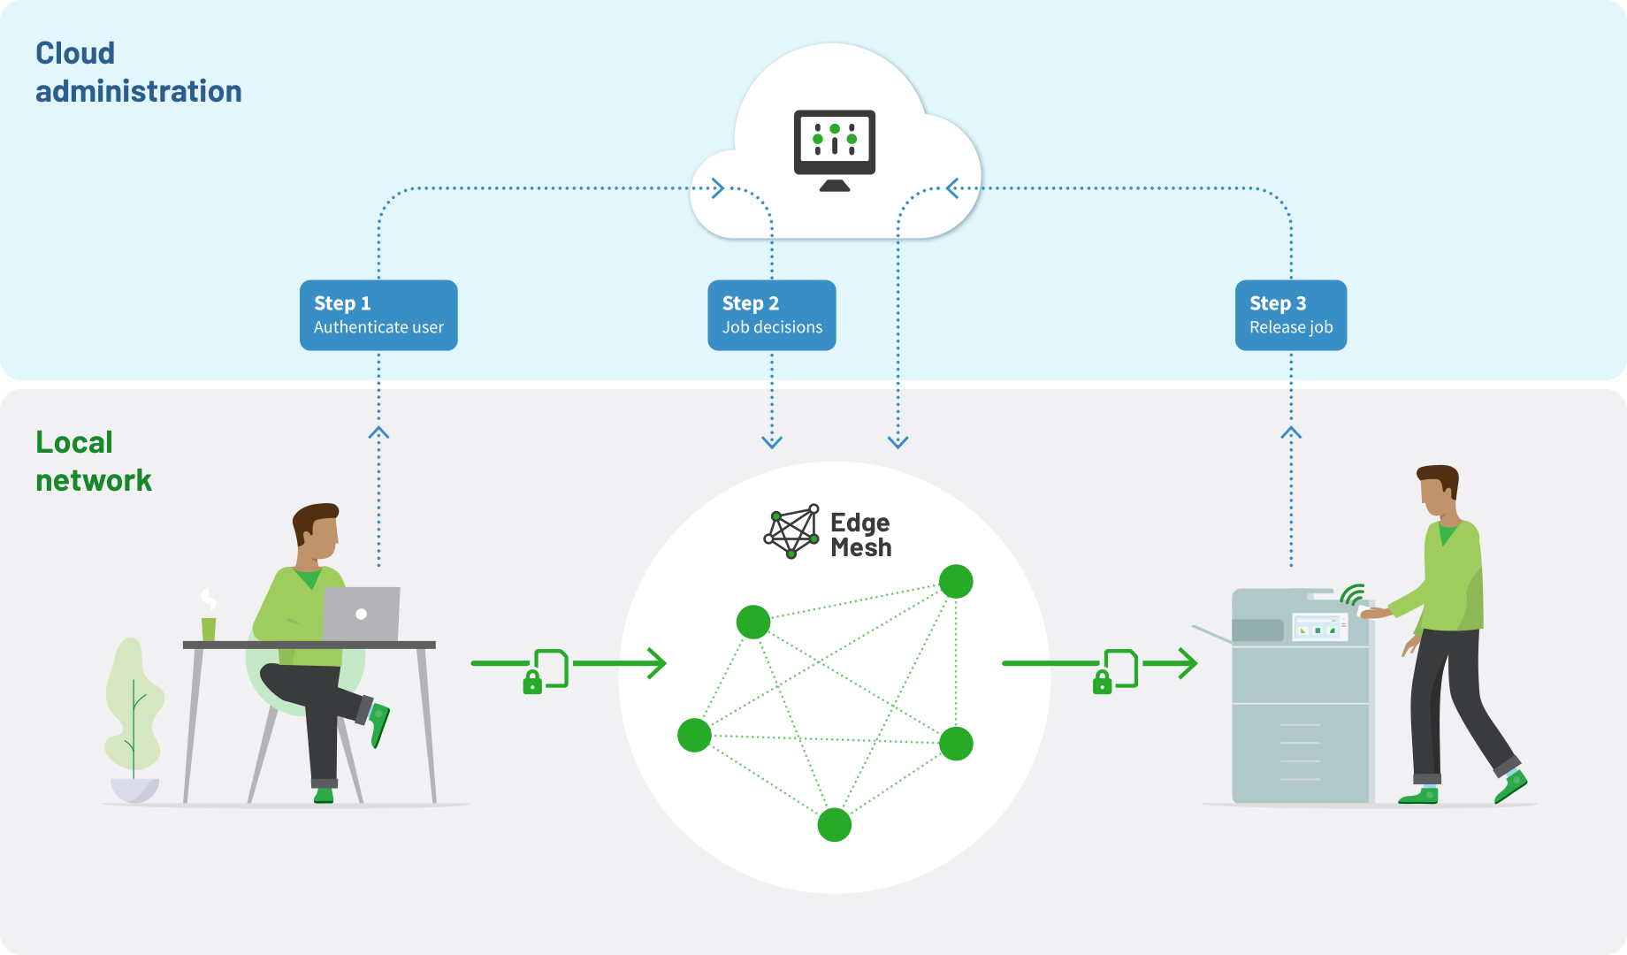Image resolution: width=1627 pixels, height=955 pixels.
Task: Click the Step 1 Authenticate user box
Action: [x=378, y=316]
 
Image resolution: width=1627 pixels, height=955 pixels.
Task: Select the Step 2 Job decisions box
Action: [x=771, y=316]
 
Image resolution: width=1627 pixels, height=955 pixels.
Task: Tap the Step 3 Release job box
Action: [x=1290, y=316]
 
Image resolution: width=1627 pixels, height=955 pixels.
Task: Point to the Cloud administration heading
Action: [x=138, y=73]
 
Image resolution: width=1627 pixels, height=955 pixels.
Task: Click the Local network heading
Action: [x=93, y=462]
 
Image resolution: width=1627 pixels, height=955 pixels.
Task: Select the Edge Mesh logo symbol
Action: [x=791, y=531]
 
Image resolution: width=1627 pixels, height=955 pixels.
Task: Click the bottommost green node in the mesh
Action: [x=834, y=824]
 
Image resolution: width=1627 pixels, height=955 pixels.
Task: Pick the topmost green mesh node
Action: [x=956, y=581]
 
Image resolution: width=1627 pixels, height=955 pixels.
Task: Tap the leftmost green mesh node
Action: [x=694, y=735]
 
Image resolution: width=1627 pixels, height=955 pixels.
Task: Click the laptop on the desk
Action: [x=361, y=614]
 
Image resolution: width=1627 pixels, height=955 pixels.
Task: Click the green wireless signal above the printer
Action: [x=1352, y=594]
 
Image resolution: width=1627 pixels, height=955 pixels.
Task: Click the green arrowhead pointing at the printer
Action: [x=1187, y=662]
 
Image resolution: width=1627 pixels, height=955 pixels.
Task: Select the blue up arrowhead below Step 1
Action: [x=378, y=432]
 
